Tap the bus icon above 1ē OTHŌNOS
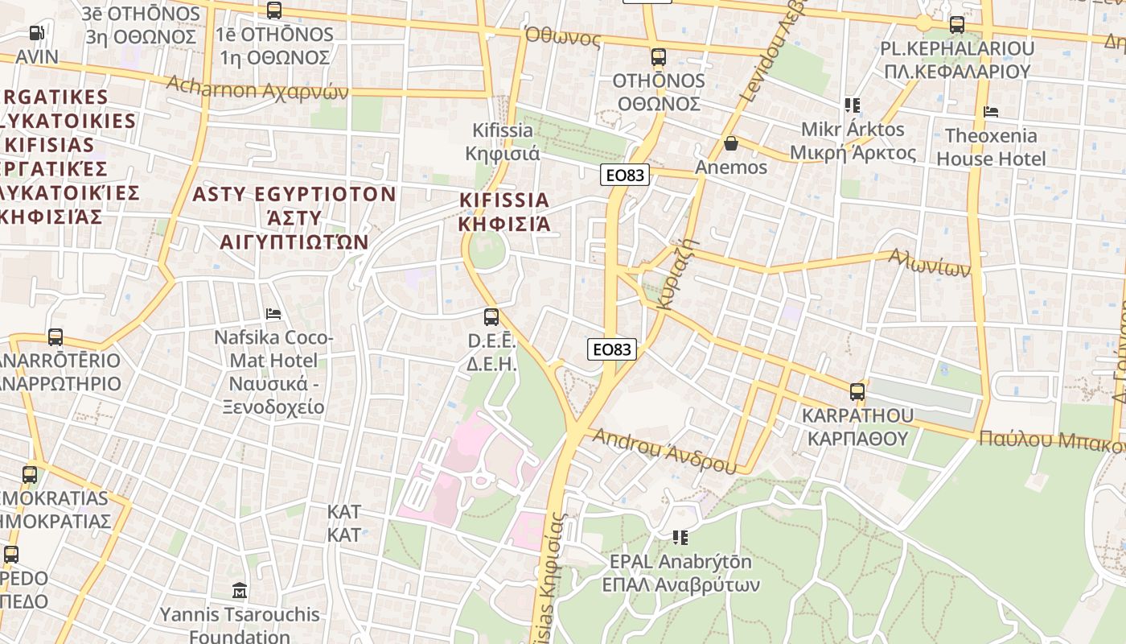[274, 10]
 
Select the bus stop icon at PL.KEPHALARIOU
[956, 25]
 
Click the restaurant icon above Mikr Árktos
[853, 105]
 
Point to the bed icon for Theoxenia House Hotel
[991, 112]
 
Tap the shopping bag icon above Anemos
[731, 144]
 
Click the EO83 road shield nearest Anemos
[624, 175]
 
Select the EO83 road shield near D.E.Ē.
[612, 349]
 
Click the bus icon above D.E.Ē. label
[491, 317]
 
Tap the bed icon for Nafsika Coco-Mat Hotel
[273, 313]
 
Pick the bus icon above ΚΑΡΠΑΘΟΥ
[857, 392]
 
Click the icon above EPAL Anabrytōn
[680, 537]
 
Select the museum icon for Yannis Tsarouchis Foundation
[239, 592]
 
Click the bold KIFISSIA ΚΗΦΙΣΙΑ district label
[504, 212]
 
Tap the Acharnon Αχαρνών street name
[257, 88]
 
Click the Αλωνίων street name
[929, 262]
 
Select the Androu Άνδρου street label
[664, 450]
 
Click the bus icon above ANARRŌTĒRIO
[55, 337]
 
